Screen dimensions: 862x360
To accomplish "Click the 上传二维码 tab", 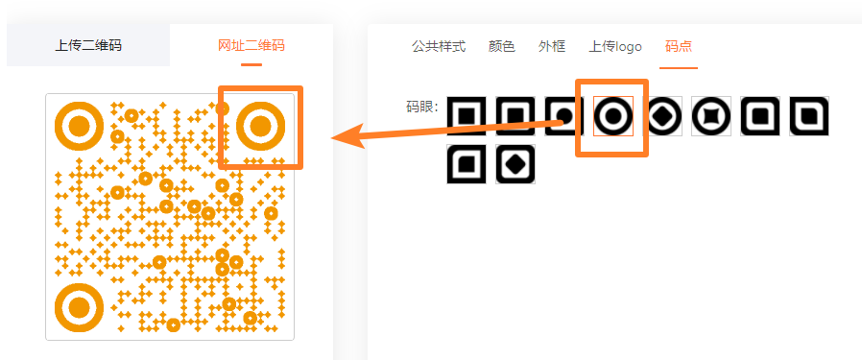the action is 88,45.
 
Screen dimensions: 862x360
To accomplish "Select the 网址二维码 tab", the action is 251,45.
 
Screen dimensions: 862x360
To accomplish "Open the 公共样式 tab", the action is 439,46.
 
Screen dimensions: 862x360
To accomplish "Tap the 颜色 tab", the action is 501,46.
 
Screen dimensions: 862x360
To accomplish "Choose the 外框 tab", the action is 552,46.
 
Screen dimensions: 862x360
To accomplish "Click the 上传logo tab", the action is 615,47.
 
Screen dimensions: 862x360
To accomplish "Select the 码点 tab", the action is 679,46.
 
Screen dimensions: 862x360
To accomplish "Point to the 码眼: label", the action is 421,107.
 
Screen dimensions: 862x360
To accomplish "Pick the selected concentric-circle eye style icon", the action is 613,116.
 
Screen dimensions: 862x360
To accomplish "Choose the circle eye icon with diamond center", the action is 662,116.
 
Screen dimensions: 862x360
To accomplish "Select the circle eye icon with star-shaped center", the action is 711,116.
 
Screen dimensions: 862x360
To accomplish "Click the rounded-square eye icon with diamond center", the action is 515,164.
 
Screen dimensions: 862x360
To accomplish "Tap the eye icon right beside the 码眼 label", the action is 467,116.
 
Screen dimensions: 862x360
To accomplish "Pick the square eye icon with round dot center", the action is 564,116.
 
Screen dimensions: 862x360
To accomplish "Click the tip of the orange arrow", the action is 331,138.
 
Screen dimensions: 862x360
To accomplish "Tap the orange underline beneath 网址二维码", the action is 251,65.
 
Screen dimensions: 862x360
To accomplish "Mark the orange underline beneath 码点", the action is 679,68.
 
